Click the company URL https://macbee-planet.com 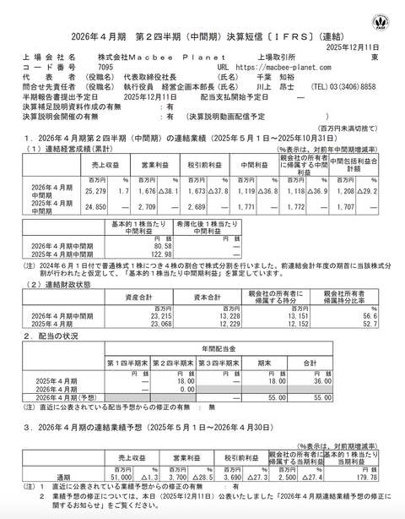[x=270, y=64]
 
